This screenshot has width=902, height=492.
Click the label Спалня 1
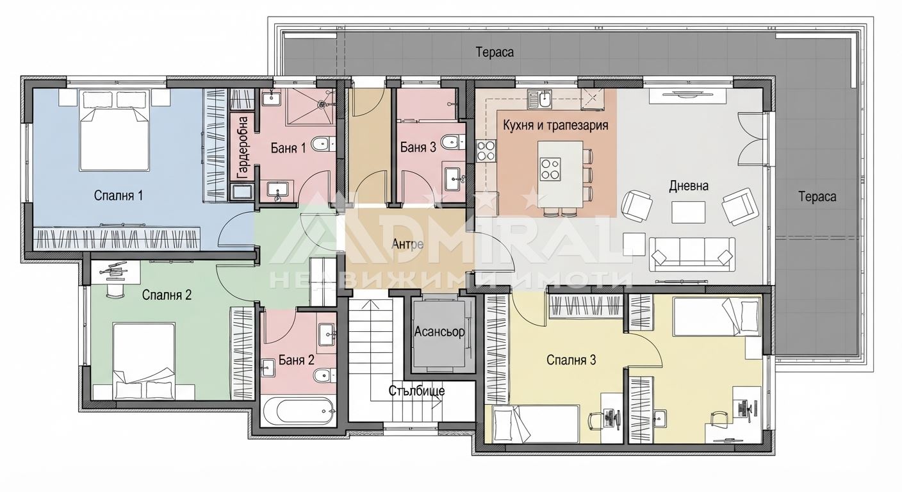tap(118, 195)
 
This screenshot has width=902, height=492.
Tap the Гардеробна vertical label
tap(243, 148)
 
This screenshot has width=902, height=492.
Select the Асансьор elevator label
tap(439, 332)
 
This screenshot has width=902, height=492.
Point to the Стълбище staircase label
tap(417, 391)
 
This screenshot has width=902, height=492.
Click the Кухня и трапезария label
tap(555, 125)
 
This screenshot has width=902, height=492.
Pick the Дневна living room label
tap(689, 186)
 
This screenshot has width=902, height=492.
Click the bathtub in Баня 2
tap(298, 411)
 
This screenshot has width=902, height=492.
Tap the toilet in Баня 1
tap(324, 143)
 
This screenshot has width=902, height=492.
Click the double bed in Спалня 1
tap(114, 131)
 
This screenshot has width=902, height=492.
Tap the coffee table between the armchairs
tap(688, 212)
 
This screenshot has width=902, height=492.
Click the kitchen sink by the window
tap(539, 99)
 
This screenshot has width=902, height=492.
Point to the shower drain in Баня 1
tap(322, 104)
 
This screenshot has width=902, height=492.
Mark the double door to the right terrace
tap(753, 138)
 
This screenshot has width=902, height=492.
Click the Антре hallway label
tap(407, 244)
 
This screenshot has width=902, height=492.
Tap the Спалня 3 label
tap(571, 360)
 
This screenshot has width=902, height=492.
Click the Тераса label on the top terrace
tap(495, 52)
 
